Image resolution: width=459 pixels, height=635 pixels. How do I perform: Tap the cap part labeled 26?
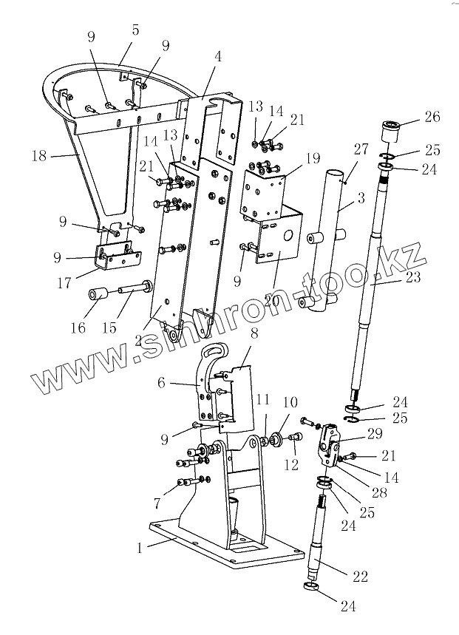[x=392, y=132]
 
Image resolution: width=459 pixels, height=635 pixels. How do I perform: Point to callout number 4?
[x=217, y=55]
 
